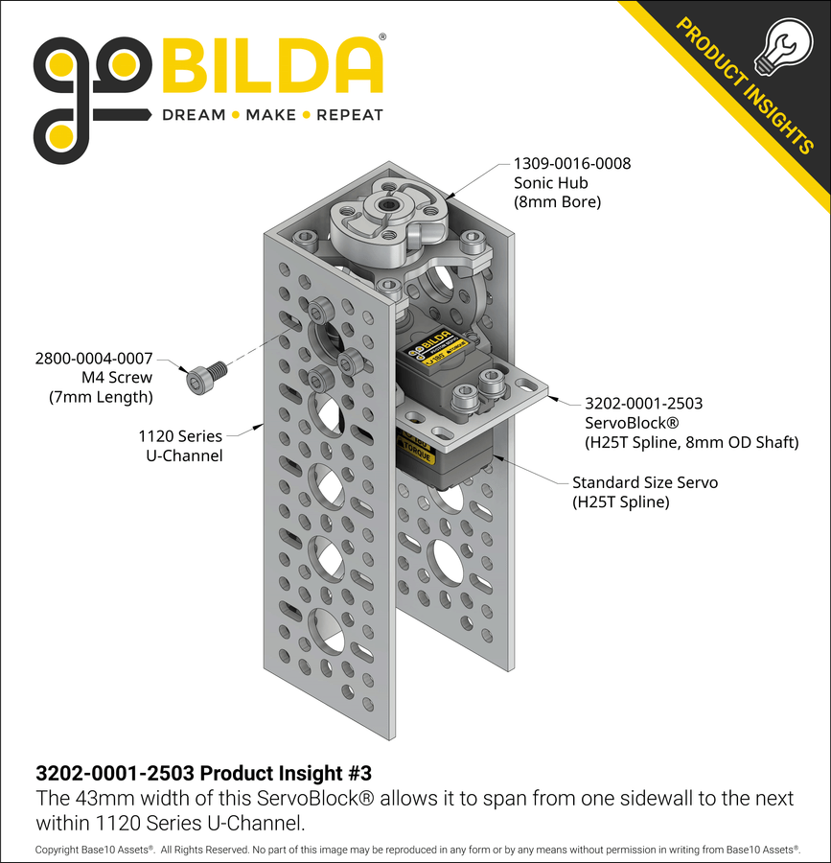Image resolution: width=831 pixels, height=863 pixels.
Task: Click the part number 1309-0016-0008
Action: click(x=572, y=164)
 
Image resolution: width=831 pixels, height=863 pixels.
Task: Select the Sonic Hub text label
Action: click(x=550, y=183)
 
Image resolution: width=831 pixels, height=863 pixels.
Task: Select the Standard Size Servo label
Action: click(x=644, y=482)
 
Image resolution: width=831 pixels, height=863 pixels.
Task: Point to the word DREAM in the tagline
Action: click(x=193, y=115)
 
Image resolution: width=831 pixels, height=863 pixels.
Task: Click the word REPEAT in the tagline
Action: click(x=350, y=115)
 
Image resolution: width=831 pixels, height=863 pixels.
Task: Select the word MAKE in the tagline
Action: click(x=270, y=115)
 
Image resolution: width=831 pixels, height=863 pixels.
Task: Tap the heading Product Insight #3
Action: click(x=203, y=773)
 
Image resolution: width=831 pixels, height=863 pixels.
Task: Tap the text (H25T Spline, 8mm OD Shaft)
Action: click(x=691, y=442)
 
